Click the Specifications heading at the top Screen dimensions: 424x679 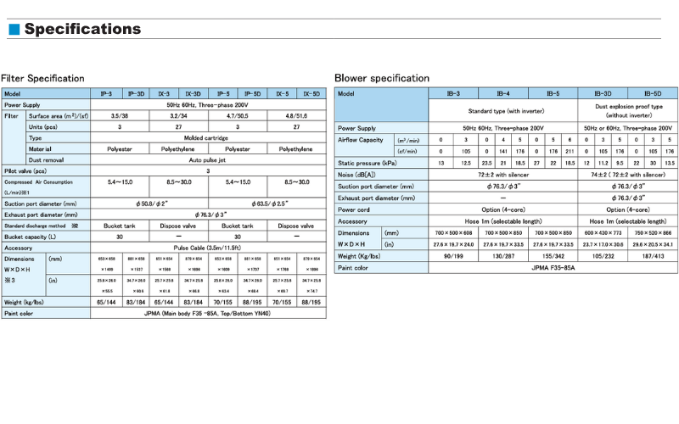click(x=82, y=30)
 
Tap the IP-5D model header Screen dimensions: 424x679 click(x=251, y=93)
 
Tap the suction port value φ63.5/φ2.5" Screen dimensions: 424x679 click(x=266, y=204)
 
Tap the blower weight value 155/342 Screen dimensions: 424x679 click(x=553, y=255)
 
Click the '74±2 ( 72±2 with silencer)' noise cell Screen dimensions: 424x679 click(x=627, y=173)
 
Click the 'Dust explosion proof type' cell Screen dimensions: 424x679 click(x=627, y=108)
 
